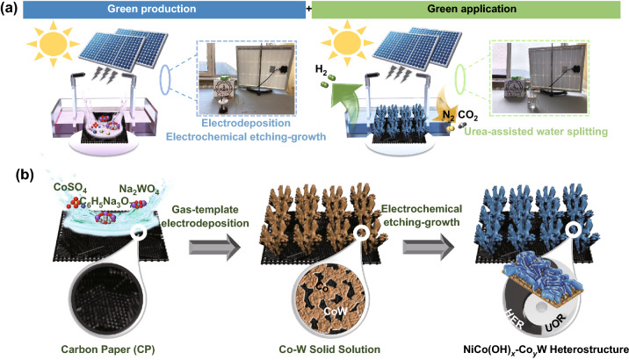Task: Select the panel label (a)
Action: click(x=12, y=11)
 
